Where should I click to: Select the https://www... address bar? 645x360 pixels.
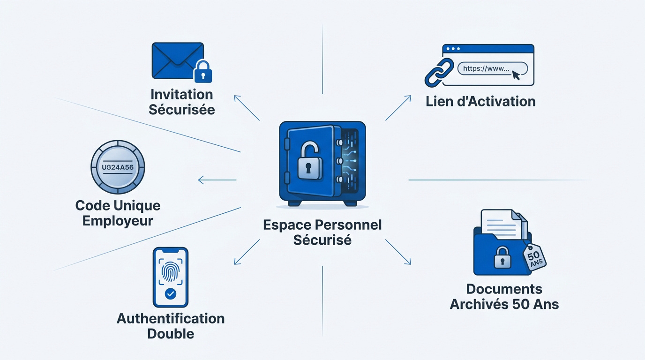(x=492, y=69)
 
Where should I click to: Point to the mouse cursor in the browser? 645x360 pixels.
(x=516, y=75)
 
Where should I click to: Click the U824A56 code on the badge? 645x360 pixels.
(x=118, y=167)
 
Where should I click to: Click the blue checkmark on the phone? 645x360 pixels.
(x=171, y=294)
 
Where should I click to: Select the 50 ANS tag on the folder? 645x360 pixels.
(x=535, y=257)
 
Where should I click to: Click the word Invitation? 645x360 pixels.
(x=182, y=95)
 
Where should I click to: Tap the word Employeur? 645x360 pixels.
(x=118, y=221)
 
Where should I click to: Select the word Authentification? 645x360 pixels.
(x=171, y=319)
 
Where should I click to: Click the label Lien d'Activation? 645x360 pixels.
(x=480, y=102)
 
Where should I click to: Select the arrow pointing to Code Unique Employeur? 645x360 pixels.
(x=217, y=180)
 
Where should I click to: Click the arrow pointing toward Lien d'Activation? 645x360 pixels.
(x=398, y=108)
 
